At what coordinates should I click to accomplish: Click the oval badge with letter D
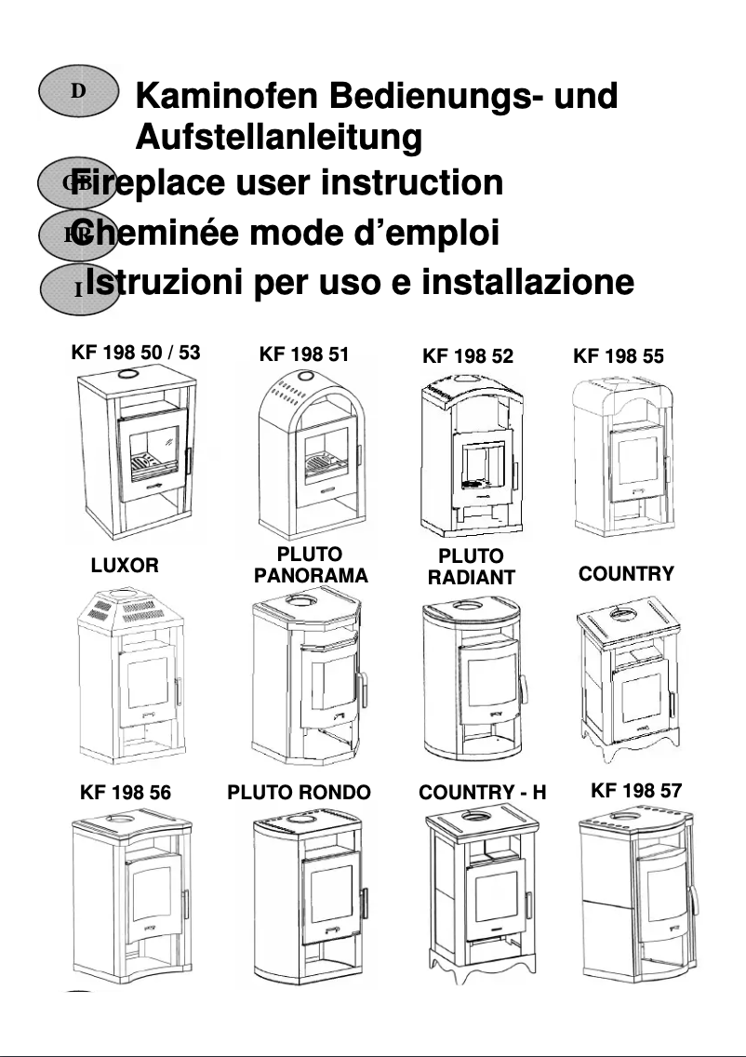point(79,91)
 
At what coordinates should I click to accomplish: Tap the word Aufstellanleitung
point(278,138)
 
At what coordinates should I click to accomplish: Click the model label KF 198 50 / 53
point(135,354)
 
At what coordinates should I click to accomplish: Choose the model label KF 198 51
point(304,354)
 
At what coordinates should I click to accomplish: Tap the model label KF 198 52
point(467,355)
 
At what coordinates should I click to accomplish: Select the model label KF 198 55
point(619,355)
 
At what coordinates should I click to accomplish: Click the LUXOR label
point(125,565)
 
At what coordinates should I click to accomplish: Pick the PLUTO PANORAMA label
point(311,566)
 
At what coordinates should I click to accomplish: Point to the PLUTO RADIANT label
point(471,568)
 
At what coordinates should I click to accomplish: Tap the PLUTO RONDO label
point(299,793)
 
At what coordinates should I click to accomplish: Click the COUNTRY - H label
point(482,793)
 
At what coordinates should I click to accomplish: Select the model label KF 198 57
point(636,791)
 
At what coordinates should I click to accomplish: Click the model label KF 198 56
point(126,793)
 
